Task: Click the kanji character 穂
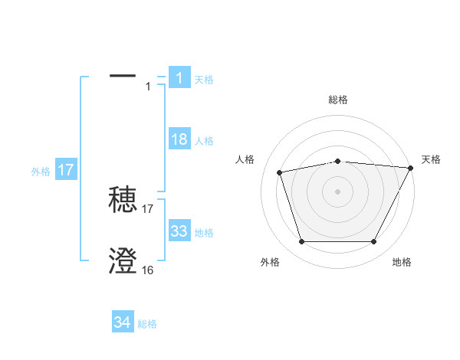coord(123,200)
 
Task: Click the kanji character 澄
coord(123,262)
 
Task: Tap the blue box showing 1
coord(179,78)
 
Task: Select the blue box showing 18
coord(179,139)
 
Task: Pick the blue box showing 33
coord(179,231)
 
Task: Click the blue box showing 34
coord(123,323)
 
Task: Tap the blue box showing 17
coord(66,170)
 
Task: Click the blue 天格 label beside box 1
coord(204,80)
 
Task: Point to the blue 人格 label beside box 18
coord(204,141)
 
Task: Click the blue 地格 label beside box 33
coord(204,233)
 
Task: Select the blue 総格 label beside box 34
coord(147,325)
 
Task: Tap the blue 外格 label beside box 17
coord(41,172)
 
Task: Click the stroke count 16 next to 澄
coord(147,270)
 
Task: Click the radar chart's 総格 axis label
coord(338,100)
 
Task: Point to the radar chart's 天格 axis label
coord(431,159)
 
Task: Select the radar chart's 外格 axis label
coord(270,262)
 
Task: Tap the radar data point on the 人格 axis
coord(280,172)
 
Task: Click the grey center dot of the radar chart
coord(338,191)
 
